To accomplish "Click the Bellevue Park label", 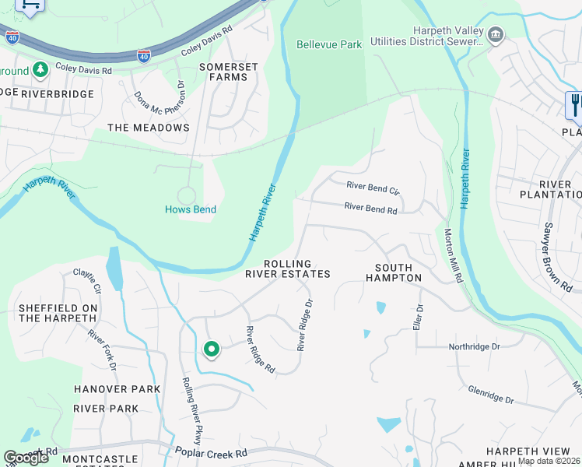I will (329, 44).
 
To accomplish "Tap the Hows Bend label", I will (191, 209).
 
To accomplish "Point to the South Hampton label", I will (393, 272).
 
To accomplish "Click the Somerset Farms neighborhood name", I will (229, 72).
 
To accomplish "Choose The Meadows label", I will (149, 127).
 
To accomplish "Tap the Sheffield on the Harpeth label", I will (58, 313).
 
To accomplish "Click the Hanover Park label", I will (117, 388).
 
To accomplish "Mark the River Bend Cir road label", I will (373, 187).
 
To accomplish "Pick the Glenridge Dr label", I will (491, 395).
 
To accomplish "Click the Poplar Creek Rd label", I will (210, 453).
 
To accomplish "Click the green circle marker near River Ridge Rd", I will (211, 349).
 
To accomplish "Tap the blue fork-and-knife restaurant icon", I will (575, 105).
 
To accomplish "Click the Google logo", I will (26, 458).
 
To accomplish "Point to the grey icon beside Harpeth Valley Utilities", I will (495, 35).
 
